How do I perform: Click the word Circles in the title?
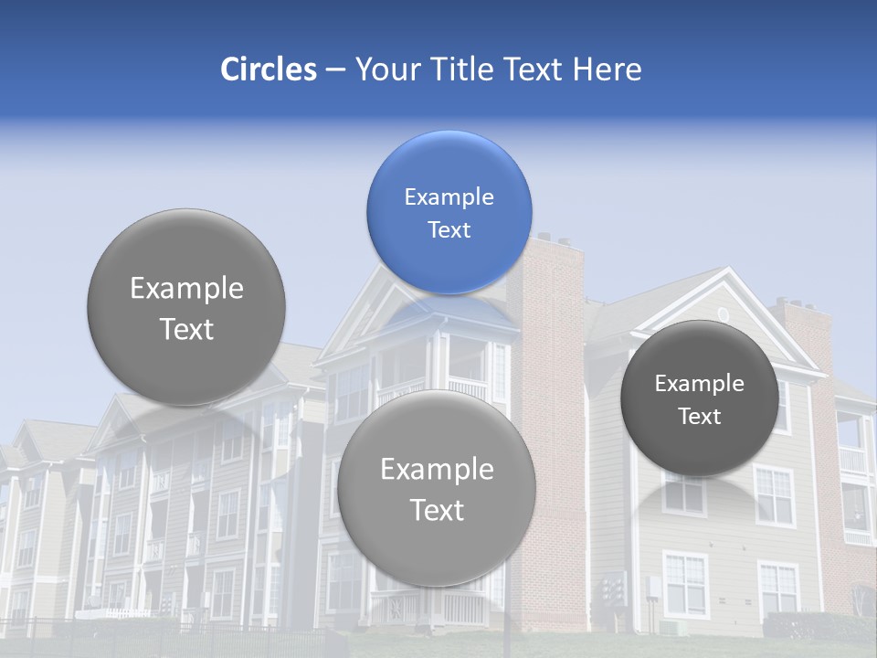pos(268,69)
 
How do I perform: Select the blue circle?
pos(449,212)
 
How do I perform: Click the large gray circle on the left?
pos(186,308)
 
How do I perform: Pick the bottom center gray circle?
pos(437,488)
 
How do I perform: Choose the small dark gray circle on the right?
pos(699,398)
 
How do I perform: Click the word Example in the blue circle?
pos(449,196)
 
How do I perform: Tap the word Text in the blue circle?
pos(449,229)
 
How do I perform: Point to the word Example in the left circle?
pos(186,289)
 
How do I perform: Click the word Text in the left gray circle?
pos(186,329)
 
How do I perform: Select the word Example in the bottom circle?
pos(437,469)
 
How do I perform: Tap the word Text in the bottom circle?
pos(437,510)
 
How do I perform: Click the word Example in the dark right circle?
pos(699,383)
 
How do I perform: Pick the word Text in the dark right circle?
pos(699,416)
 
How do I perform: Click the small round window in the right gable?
pos(724,314)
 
